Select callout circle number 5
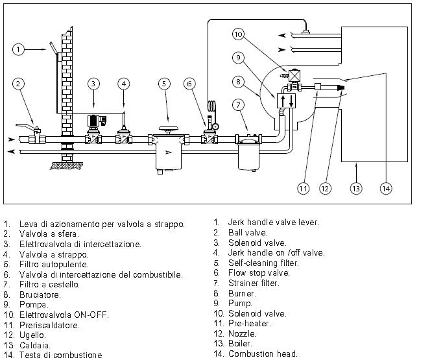pyautogui.click(x=165, y=83)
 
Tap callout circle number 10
pyautogui.click(x=238, y=34)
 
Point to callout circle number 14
pyautogui.click(x=387, y=189)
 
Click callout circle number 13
pyautogui.click(x=355, y=189)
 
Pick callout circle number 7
pyautogui.click(x=238, y=104)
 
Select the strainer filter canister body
pyautogui.click(x=248, y=156)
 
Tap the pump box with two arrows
pyautogui.click(x=286, y=102)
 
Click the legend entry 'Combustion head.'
pyautogui.click(x=263, y=354)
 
